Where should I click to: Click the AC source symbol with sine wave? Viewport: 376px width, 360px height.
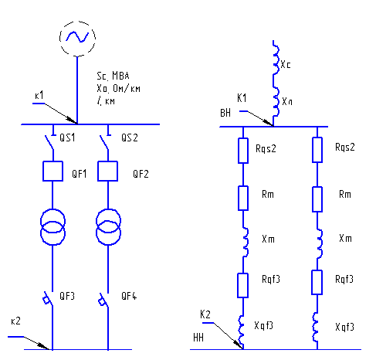point(77,39)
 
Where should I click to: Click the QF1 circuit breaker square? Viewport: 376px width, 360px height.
point(53,172)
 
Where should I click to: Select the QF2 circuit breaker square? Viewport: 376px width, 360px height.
point(108,172)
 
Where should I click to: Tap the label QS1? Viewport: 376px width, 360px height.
point(67,138)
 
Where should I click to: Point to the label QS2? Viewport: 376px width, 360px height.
point(130,138)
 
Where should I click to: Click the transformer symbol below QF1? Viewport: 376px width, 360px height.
point(53,227)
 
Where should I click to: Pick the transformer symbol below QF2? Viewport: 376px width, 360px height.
point(108,227)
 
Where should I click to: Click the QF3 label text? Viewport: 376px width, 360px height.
point(67,296)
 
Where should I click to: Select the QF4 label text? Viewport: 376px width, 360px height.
point(129,296)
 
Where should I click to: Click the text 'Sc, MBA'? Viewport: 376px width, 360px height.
point(113,76)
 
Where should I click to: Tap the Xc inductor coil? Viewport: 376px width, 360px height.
point(276,58)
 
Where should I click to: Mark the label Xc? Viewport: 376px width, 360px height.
point(286,65)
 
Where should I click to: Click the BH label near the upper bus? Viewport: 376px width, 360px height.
point(225,113)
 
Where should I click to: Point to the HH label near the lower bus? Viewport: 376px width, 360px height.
point(198,338)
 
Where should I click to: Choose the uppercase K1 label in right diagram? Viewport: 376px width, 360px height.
point(242,98)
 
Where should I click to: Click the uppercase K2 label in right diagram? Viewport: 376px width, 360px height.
point(205,314)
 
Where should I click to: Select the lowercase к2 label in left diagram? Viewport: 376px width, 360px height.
point(15,321)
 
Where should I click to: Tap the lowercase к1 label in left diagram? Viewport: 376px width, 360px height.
point(39,96)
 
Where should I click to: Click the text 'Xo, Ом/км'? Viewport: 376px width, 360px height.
point(118,89)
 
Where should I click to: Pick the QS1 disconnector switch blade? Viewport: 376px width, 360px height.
point(49,142)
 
